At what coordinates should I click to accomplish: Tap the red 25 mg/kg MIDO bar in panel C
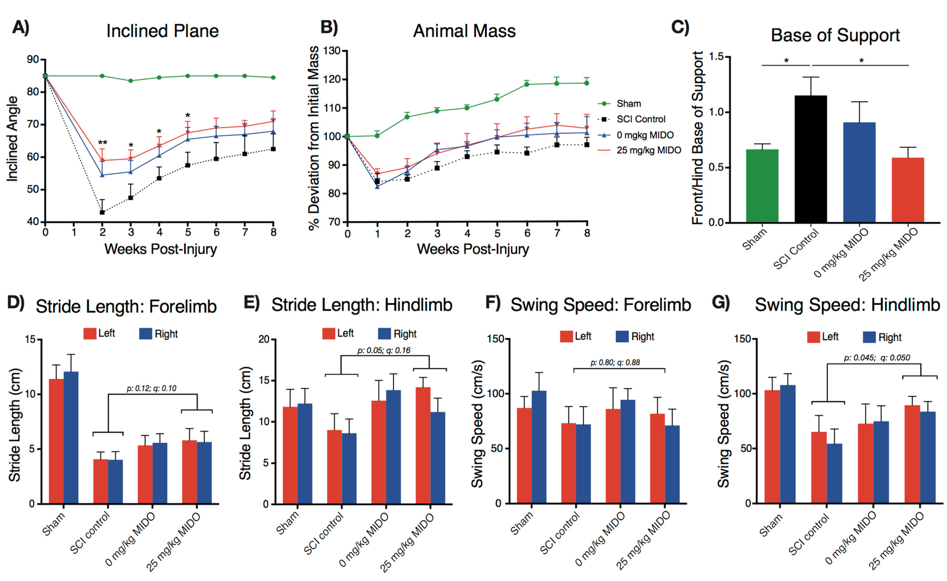click(x=908, y=190)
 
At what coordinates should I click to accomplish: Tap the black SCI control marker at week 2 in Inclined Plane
click(x=102, y=212)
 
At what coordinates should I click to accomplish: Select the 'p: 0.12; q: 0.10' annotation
click(x=152, y=388)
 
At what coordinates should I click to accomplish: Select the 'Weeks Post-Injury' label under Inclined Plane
click(x=161, y=249)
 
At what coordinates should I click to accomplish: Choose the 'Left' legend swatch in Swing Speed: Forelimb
click(x=567, y=337)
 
